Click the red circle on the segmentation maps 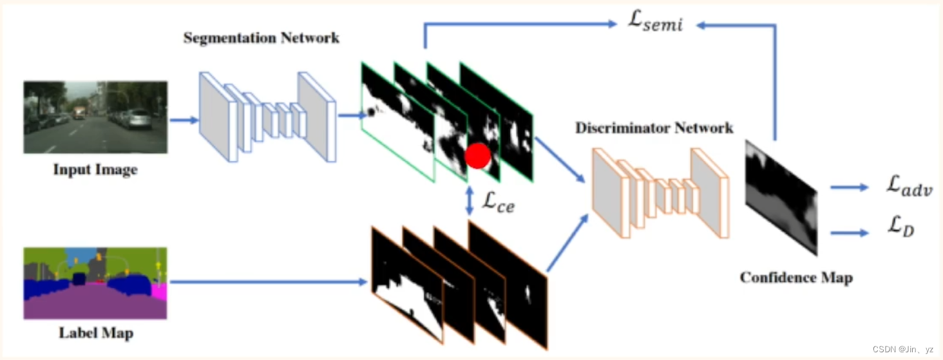477,156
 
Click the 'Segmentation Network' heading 261,37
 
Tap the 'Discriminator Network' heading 654,128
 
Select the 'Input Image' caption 95,170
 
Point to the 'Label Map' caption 95,334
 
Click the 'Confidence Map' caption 796,278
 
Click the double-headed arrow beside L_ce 470,201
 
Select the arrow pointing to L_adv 849,187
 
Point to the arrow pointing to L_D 849,232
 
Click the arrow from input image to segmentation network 183,118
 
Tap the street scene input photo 95,117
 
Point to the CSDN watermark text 902,349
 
